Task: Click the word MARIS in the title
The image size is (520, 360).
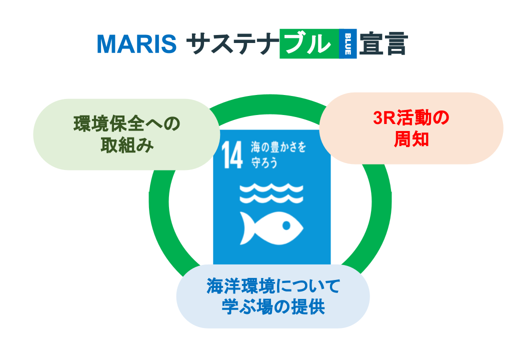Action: [136, 44]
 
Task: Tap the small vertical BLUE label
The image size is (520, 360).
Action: [347, 44]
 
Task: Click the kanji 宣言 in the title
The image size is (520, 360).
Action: [383, 43]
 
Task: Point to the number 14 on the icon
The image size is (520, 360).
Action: [232, 155]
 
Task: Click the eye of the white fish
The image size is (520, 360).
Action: [286, 225]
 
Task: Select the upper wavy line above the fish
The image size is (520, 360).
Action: [271, 188]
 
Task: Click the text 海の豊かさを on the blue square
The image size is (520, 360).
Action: [278, 147]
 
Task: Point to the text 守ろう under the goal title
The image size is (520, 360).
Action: [264, 163]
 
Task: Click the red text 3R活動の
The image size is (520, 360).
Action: [411, 118]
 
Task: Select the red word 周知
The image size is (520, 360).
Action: [411, 139]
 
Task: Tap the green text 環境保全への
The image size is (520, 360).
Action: [126, 124]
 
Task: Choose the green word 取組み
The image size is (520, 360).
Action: [127, 145]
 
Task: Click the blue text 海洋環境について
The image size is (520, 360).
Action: [273, 285]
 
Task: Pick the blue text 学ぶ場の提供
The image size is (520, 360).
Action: [273, 307]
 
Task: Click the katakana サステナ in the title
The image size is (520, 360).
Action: [233, 44]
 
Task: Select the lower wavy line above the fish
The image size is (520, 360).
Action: [271, 198]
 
